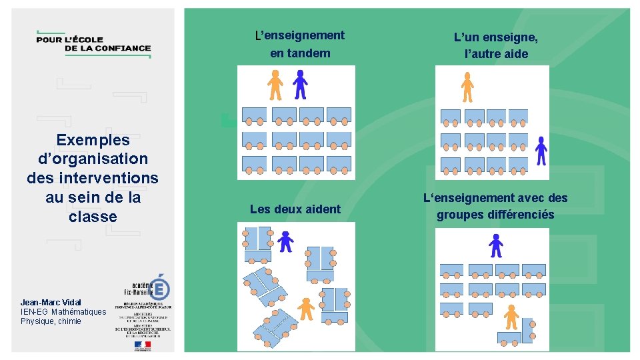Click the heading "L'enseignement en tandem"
300,44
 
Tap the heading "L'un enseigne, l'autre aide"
495,45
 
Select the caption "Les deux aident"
295,209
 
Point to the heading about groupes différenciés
495,206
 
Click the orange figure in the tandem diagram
275,85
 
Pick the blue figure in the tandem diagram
301,85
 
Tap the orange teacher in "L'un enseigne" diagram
467,87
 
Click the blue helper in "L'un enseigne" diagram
541,150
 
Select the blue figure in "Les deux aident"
286,241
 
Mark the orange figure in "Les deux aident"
306,308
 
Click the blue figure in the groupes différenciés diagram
495,245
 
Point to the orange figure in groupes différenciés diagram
511,317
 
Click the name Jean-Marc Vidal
51,303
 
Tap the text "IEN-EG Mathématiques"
63,312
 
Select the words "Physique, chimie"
51,321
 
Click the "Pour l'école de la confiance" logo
93,44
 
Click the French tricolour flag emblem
143,345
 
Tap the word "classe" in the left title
93,217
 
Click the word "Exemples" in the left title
93,140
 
